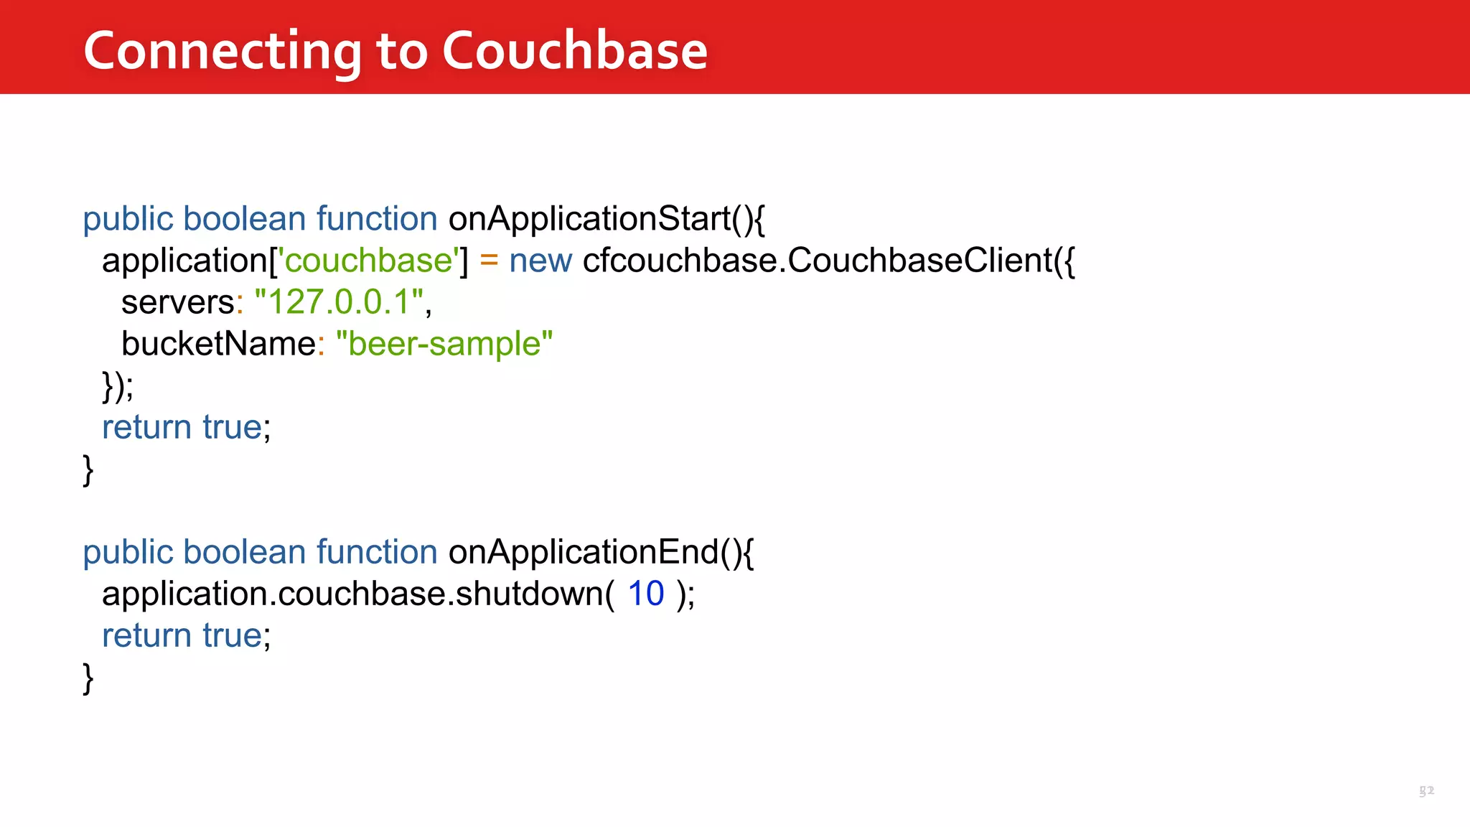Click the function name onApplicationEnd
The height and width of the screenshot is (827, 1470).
pyautogui.click(x=584, y=552)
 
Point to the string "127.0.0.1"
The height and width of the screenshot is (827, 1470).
pyautogui.click(x=339, y=302)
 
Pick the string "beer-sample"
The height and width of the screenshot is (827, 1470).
pyautogui.click(x=444, y=343)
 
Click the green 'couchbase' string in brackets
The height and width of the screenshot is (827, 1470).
pyautogui.click(x=368, y=260)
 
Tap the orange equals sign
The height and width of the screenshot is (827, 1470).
pyautogui.click(x=489, y=260)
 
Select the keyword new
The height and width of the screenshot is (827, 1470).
pyautogui.click(x=540, y=261)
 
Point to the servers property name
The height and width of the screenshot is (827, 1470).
pyautogui.click(x=177, y=302)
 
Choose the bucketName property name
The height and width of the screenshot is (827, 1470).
pyautogui.click(x=218, y=343)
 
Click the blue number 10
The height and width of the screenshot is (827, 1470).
pyautogui.click(x=646, y=594)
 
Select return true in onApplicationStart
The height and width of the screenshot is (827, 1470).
pyautogui.click(x=185, y=427)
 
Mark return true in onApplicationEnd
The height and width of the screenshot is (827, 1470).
pyautogui.click(x=185, y=635)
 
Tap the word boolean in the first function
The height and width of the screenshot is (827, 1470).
pyautogui.click(x=245, y=218)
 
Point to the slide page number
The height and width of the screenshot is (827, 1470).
pyautogui.click(x=1426, y=790)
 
